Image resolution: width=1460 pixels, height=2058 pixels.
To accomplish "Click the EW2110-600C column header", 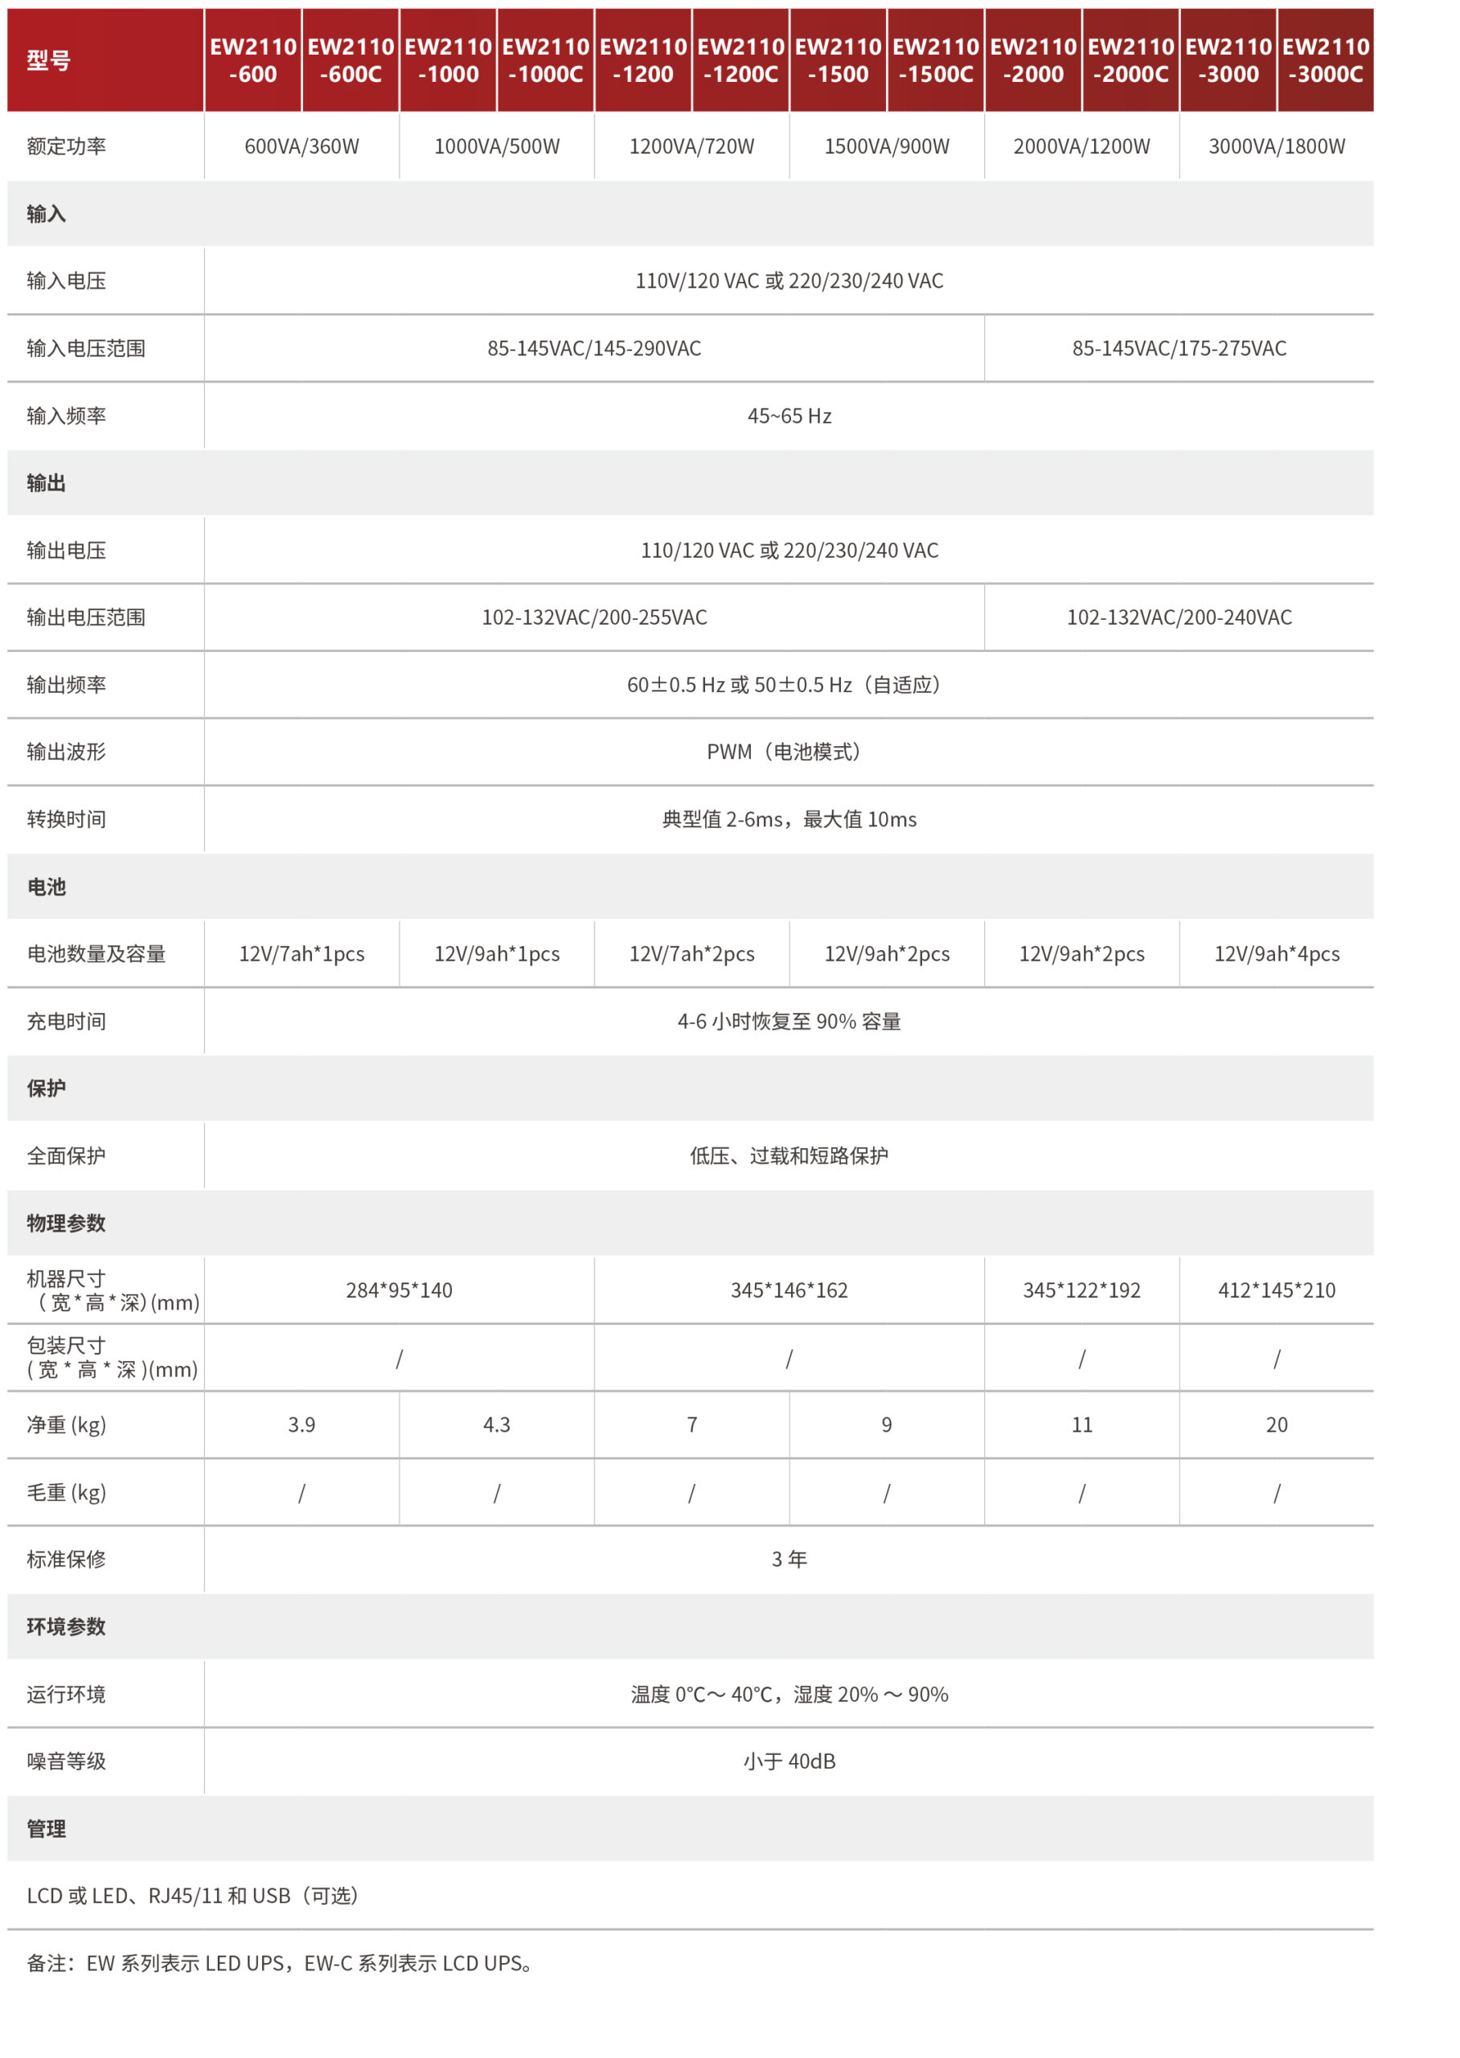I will click(351, 60).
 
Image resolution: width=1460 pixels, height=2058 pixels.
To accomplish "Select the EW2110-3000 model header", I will click(1228, 60).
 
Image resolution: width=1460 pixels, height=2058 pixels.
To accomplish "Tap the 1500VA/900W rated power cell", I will click(887, 146).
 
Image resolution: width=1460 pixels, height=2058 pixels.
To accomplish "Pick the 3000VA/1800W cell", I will click(1277, 146).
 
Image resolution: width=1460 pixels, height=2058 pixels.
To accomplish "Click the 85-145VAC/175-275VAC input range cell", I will click(1179, 349).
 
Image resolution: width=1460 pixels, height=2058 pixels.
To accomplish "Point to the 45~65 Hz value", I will click(789, 416).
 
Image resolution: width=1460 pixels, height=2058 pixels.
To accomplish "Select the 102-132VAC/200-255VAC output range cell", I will click(594, 617).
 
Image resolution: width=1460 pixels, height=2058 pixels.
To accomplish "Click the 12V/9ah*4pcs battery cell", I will click(1277, 953).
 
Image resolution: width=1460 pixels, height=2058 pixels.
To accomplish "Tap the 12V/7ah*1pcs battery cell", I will click(302, 953).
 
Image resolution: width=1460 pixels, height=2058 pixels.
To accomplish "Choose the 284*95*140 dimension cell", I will click(399, 1290).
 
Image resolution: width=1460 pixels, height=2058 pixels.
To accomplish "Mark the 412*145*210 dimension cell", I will click(1277, 1290).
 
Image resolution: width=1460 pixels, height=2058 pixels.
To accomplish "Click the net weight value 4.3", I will click(496, 1425).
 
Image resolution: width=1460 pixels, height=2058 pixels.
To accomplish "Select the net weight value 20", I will click(1277, 1425).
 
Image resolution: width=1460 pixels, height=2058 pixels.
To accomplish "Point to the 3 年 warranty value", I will click(789, 1560).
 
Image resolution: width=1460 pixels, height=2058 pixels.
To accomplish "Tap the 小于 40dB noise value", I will click(789, 1761).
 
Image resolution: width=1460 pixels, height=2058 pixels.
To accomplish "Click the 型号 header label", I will click(48, 60).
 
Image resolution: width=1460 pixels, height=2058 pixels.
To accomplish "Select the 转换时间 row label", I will click(67, 820).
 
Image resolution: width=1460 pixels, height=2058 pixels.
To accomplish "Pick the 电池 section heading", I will click(47, 887).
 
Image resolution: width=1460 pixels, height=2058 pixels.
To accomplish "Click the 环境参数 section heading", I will click(67, 1626).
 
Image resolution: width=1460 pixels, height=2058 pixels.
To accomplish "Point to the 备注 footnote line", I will click(281, 1964).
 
